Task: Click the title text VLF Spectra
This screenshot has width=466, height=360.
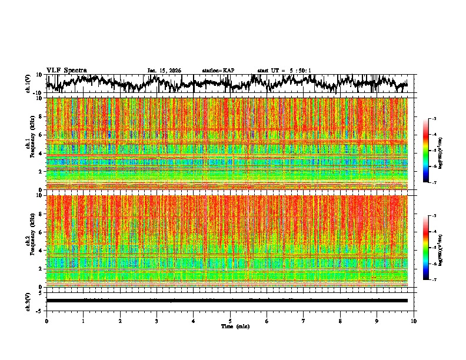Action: tap(66, 70)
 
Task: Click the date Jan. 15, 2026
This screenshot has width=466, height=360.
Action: tap(164, 71)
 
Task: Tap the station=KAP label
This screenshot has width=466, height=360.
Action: tap(218, 71)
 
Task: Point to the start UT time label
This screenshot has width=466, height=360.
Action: tap(284, 71)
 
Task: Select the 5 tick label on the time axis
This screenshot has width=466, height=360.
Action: tap(230, 321)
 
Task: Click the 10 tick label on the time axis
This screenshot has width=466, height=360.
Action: tap(414, 321)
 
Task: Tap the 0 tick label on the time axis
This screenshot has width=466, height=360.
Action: tap(46, 321)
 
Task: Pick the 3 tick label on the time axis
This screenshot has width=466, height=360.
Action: tap(157, 321)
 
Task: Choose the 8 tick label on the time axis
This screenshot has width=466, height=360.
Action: tap(340, 321)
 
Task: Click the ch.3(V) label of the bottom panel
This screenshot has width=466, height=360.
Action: tap(28, 300)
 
